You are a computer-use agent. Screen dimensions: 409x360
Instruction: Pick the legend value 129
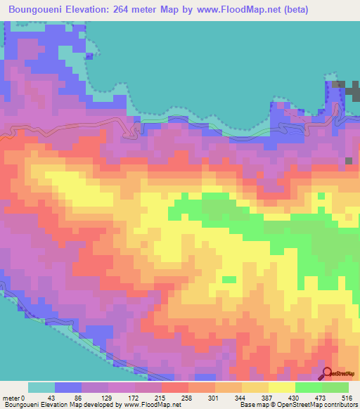[x=103, y=398]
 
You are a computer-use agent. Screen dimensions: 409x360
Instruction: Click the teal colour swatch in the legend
[x=41, y=387]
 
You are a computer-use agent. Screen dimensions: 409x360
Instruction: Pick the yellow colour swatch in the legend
[x=281, y=387]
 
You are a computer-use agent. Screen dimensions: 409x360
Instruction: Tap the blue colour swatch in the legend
[x=67, y=387]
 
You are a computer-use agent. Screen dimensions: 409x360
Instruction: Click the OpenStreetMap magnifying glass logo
[x=328, y=374]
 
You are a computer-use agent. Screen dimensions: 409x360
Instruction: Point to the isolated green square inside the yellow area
[x=229, y=280]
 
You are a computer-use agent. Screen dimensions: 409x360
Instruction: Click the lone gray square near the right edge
[x=349, y=161]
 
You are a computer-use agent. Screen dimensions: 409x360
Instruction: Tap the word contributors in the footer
[x=337, y=405]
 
